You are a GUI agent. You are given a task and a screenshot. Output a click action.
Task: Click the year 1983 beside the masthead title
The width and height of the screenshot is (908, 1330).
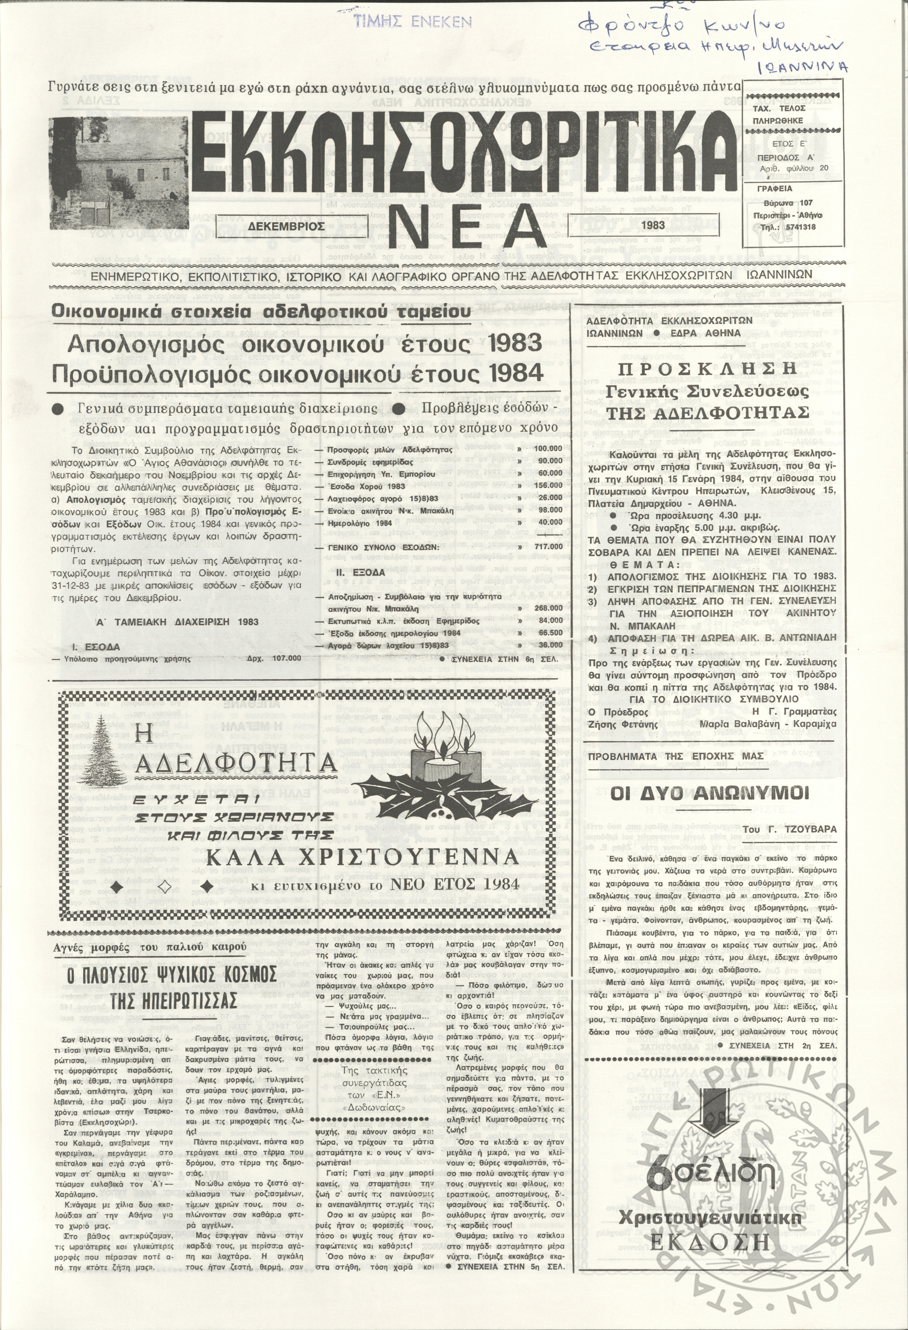click(653, 225)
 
